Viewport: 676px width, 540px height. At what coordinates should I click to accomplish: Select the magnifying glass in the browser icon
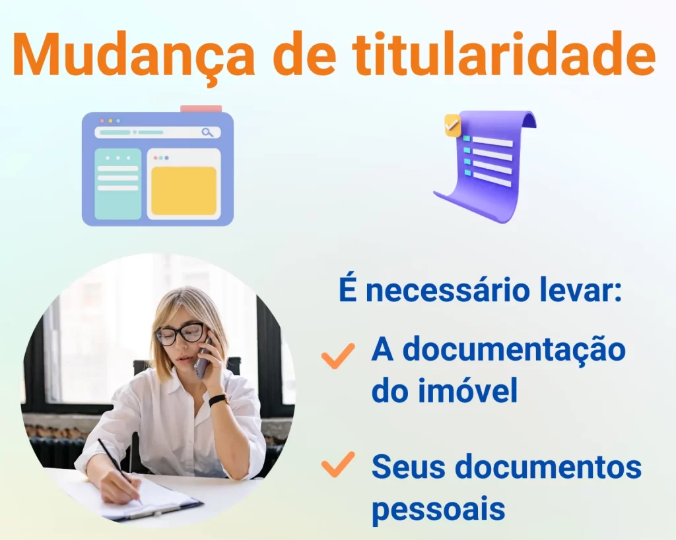[208, 133]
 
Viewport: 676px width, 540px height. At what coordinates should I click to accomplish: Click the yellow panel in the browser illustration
[184, 191]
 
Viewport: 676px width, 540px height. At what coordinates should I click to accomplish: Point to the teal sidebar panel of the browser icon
[118, 184]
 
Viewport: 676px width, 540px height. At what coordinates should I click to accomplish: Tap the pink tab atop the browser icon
[201, 109]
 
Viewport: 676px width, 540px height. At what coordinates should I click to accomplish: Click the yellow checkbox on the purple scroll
[453, 125]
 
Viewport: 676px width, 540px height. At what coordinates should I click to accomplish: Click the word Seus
[405, 466]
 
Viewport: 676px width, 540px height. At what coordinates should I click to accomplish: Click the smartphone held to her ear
[203, 357]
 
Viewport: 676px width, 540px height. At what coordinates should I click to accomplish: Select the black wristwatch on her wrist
[219, 400]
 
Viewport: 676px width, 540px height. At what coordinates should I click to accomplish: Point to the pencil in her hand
[120, 471]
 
